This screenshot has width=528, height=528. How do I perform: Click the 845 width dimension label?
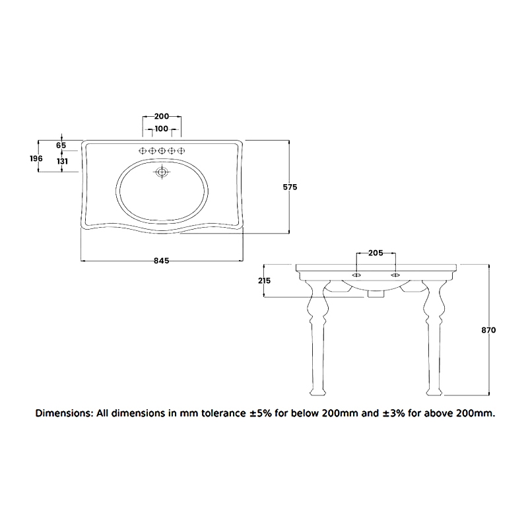pos(162,261)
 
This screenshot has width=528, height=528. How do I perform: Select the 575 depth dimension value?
pos(290,187)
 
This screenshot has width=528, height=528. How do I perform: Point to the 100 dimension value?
pos(162,129)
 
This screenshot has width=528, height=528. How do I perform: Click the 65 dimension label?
pos(61,145)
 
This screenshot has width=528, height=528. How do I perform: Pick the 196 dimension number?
pos(36,158)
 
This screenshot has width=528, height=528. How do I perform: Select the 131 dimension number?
pos(61,161)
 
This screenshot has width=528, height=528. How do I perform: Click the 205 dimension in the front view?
pos(375,253)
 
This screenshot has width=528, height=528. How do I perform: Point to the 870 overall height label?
pos(488,330)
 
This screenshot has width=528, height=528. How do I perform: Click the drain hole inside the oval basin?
pos(162,173)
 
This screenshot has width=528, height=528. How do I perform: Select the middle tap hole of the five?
pos(162,151)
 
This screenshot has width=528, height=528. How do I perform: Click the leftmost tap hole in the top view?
pos(143,151)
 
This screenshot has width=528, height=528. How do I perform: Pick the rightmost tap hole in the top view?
pos(181,151)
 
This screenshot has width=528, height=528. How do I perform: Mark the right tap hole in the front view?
pos(395,274)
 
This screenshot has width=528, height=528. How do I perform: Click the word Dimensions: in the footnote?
pos(64,414)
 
